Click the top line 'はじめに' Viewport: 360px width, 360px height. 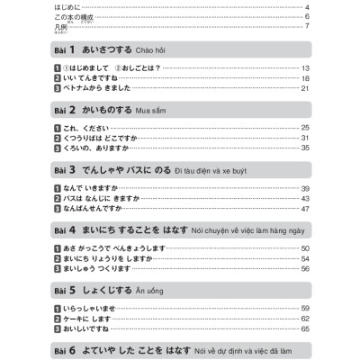point(67,7)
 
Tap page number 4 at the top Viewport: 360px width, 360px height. point(308,7)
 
